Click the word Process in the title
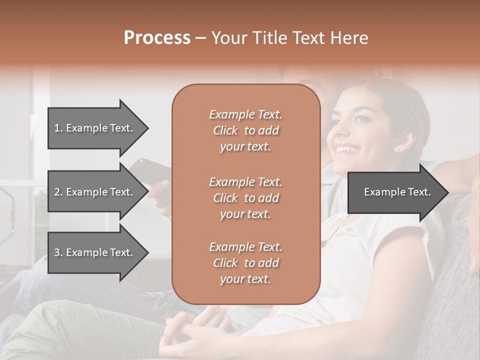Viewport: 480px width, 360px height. (157, 38)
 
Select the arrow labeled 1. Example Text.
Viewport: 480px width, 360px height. (95, 128)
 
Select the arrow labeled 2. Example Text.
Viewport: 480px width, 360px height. (95, 192)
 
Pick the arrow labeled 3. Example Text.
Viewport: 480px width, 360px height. (95, 252)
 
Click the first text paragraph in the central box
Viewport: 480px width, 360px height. (245, 130)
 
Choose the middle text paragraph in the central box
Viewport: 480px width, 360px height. (245, 198)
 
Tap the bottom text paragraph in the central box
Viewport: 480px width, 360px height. (245, 263)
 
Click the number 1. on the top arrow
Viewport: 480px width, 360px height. (58, 128)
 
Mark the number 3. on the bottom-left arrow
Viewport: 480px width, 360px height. (58, 252)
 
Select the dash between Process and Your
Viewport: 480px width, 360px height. (201, 38)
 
